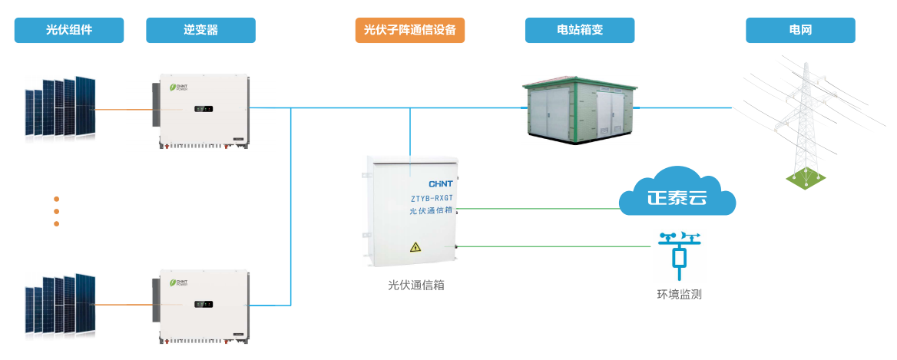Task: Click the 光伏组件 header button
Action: (69, 30)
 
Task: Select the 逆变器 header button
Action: (200, 30)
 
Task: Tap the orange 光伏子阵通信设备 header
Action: (409, 30)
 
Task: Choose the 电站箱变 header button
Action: (580, 30)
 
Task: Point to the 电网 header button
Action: (800, 30)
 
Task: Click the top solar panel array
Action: (61, 107)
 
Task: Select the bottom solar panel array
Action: (61, 305)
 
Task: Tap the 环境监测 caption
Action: (679, 294)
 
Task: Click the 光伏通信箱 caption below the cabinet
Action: (415, 286)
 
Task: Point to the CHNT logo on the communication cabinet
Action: (440, 184)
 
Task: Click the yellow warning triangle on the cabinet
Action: (415, 247)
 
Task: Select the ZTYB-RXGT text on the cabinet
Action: (432, 198)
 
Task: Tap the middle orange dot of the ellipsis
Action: (56, 211)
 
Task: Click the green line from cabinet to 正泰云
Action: (538, 207)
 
